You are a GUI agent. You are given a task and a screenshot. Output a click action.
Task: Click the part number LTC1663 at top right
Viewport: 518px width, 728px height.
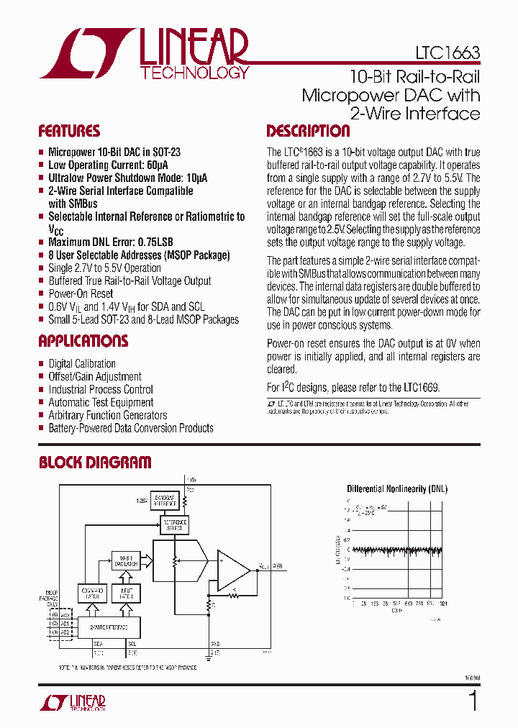tap(447, 53)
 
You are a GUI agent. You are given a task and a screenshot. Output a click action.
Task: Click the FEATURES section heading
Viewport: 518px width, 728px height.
tap(69, 131)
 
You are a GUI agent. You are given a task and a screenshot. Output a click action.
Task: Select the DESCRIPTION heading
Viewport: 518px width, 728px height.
tap(308, 131)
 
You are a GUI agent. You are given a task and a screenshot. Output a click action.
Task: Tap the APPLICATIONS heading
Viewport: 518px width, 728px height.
tap(83, 341)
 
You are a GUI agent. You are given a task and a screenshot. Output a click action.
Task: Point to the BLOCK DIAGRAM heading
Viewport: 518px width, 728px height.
tap(95, 463)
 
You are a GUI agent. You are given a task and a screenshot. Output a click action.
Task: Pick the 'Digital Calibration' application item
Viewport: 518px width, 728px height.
tap(82, 364)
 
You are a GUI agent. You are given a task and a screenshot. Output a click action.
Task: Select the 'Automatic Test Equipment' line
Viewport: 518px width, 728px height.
tap(101, 403)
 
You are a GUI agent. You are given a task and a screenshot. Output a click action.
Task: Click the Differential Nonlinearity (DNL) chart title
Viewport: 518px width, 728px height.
tap(397, 489)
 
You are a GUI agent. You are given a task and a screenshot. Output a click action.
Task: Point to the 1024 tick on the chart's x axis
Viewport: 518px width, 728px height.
tap(442, 604)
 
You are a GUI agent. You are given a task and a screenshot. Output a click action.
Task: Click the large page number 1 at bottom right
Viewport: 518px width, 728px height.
tap(473, 700)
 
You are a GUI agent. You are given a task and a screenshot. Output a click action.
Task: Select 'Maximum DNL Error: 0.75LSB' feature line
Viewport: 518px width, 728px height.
tap(111, 242)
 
